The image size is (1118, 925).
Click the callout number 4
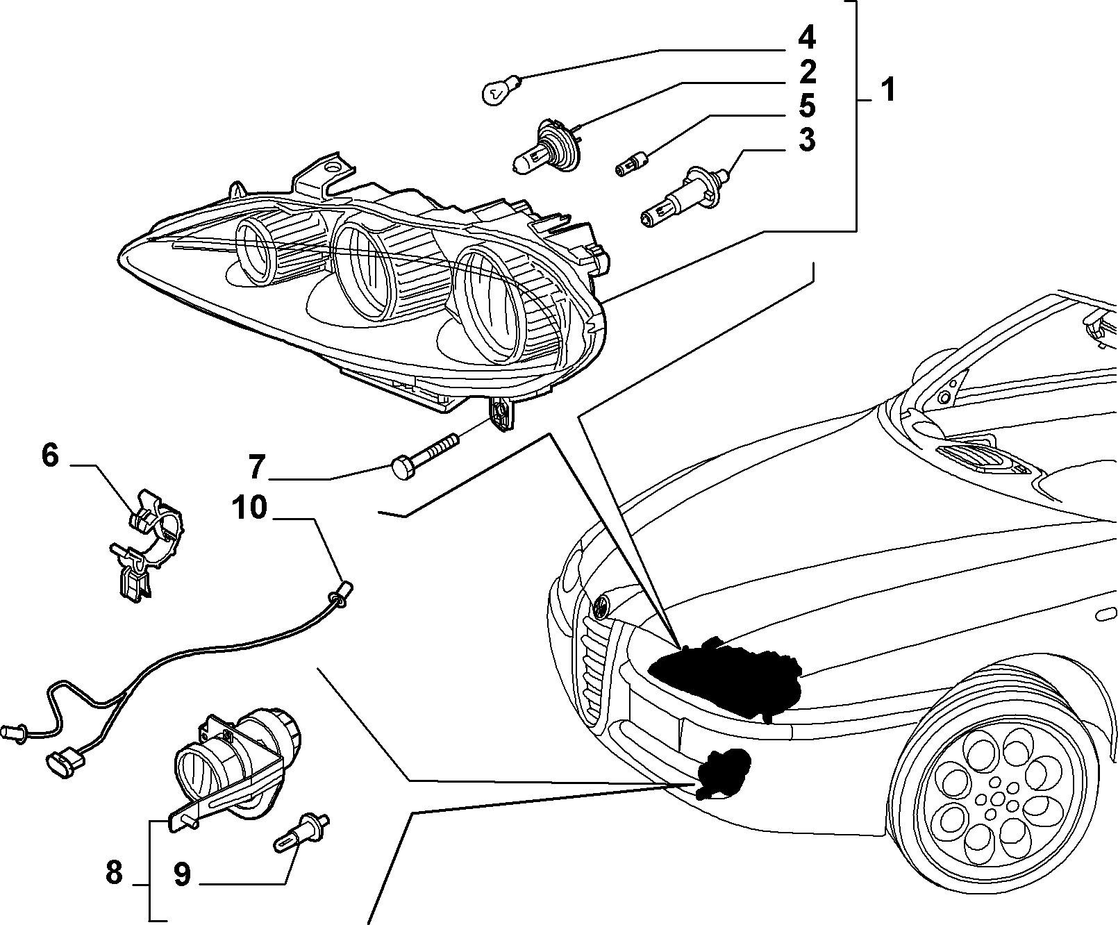(806, 38)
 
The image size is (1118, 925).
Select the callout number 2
(807, 72)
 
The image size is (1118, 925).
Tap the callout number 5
(806, 106)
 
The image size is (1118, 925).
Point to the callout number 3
(806, 140)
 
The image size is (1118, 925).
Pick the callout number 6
(50, 456)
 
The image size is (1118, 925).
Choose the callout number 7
(257, 468)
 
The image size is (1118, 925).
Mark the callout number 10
(249, 508)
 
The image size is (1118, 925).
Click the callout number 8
(114, 872)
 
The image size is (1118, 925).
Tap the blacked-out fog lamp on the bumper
(722, 774)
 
